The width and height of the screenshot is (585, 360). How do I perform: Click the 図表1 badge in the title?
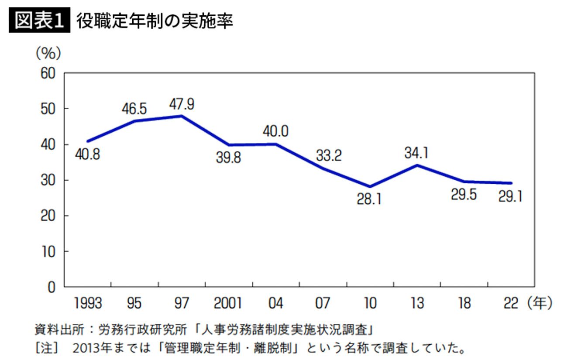point(40,21)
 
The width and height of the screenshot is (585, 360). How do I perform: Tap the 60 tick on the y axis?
point(48,73)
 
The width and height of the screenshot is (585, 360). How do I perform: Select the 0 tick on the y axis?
point(52,287)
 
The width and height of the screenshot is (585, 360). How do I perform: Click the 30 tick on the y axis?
point(48,180)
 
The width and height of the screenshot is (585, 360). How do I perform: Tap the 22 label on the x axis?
point(510,303)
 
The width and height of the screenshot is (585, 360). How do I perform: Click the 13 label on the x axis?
point(417,303)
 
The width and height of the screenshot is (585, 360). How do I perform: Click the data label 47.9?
point(182,104)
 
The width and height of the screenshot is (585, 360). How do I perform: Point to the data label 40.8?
point(87,154)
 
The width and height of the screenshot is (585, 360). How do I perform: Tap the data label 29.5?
point(464,195)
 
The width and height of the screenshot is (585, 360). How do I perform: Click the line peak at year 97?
point(181,116)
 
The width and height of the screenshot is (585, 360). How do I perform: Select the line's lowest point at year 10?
point(370,186)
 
